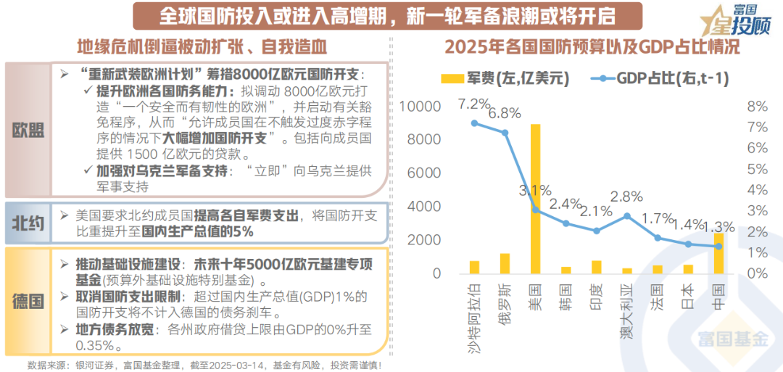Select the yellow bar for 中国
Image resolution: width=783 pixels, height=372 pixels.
pyautogui.click(x=718, y=253)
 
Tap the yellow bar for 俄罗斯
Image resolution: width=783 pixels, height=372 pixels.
pyautogui.click(x=505, y=263)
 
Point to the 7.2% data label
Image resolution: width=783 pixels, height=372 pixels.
pyautogui.click(x=475, y=104)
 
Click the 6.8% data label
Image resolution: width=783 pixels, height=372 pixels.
pyautogui.click(x=505, y=112)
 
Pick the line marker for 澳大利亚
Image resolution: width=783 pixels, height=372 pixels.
pyautogui.click(x=627, y=215)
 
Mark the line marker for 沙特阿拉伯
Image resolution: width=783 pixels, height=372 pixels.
pyautogui.click(x=475, y=123)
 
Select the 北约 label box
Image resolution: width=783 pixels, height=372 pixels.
pyautogui.click(x=28, y=223)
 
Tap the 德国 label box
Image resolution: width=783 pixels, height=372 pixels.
pyautogui.click(x=28, y=300)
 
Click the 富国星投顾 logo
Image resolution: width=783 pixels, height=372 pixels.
pyautogui.click(x=735, y=20)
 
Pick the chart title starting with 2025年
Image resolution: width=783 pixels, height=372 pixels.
pyautogui.click(x=592, y=49)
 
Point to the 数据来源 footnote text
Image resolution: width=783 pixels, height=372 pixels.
pyautogui.click(x=204, y=365)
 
